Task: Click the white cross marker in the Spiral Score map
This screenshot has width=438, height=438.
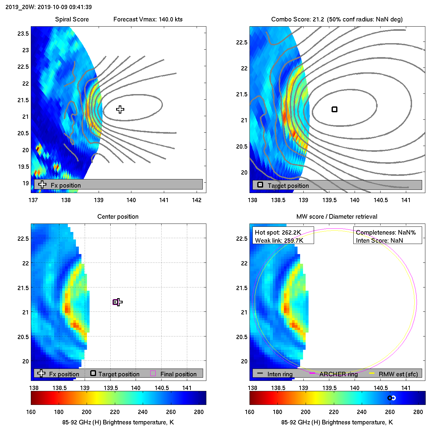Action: (x=120, y=110)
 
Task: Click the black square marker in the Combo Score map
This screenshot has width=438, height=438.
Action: (x=335, y=109)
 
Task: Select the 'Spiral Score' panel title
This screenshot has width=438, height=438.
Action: (x=72, y=19)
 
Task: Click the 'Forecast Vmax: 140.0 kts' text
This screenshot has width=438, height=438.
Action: (x=148, y=19)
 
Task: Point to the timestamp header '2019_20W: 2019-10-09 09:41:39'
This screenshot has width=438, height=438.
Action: (x=49, y=7)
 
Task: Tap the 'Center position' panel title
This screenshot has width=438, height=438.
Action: (x=118, y=217)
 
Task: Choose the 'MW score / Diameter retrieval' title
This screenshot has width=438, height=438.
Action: (x=337, y=217)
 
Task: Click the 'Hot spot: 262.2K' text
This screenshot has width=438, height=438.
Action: (x=278, y=232)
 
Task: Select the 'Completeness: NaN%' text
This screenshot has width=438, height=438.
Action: (x=386, y=232)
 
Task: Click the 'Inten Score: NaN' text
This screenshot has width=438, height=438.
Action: (x=379, y=240)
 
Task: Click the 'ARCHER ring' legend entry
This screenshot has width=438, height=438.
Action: (x=338, y=374)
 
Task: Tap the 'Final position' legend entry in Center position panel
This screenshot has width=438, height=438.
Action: (x=178, y=374)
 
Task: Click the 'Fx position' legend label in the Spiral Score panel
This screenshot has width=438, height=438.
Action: (x=66, y=185)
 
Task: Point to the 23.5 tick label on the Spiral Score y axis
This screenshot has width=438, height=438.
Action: (x=23, y=34)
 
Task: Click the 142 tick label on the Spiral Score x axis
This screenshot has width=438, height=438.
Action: (x=197, y=200)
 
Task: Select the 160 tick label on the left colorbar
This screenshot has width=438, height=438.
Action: (x=31, y=412)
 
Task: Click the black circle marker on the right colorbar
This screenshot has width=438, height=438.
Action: (x=390, y=398)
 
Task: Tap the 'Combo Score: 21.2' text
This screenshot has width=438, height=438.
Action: (x=298, y=19)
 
